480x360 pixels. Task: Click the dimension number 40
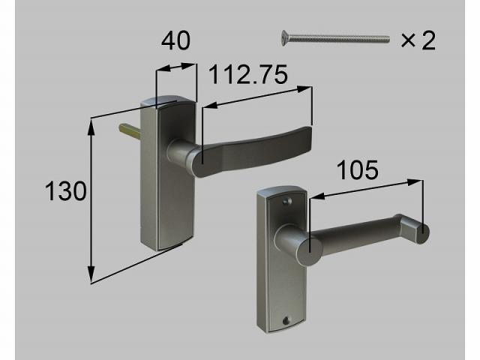[x=175, y=41]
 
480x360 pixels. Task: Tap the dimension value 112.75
[x=248, y=74]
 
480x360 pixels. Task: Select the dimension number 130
[x=66, y=191]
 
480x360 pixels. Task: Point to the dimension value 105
[x=358, y=170]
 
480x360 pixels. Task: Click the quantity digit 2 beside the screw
[x=428, y=41]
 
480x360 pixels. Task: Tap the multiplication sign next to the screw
[x=408, y=40]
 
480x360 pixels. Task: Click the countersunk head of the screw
[x=284, y=38]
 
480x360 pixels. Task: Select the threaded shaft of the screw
[x=339, y=39]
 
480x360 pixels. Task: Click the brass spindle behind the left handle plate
[x=130, y=130]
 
